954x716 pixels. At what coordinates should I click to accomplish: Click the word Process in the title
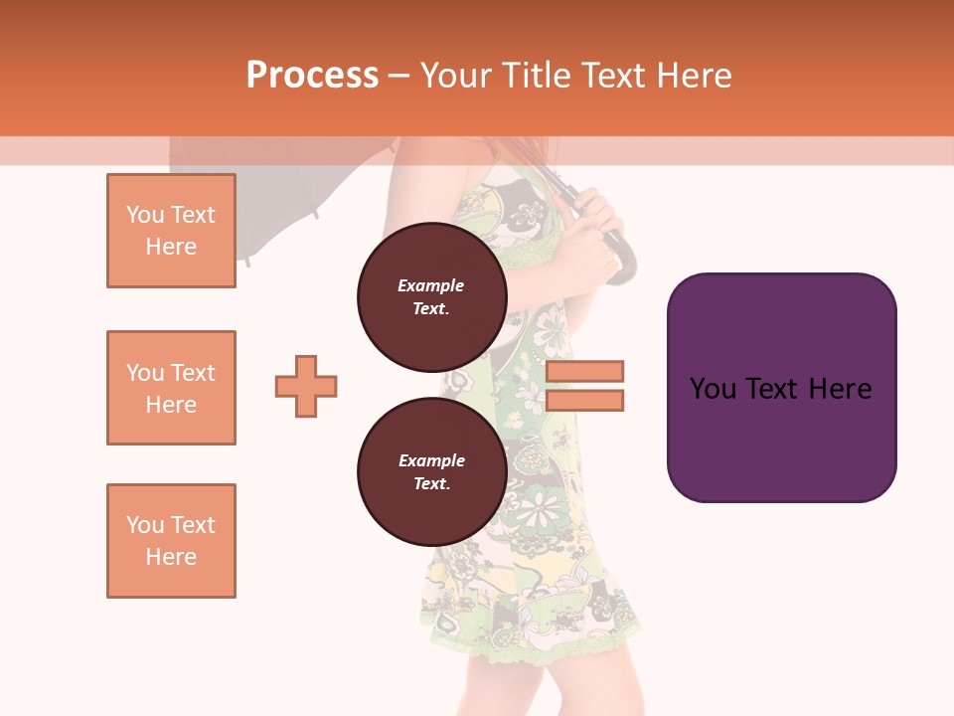(312, 76)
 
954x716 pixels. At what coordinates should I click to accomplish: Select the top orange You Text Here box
(171, 231)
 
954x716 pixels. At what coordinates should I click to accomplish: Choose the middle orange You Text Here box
(171, 388)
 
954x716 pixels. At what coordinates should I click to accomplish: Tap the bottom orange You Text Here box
(171, 541)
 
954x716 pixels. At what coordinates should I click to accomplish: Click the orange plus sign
(306, 386)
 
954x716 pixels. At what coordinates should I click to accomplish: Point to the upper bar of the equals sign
(584, 371)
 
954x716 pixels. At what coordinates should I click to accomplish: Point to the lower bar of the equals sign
(584, 400)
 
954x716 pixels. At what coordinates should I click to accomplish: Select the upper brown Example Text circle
(431, 297)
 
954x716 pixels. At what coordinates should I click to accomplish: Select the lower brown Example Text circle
(431, 472)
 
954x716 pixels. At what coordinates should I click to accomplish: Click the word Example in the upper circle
(431, 285)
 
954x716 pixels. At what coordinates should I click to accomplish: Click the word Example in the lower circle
(431, 460)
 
